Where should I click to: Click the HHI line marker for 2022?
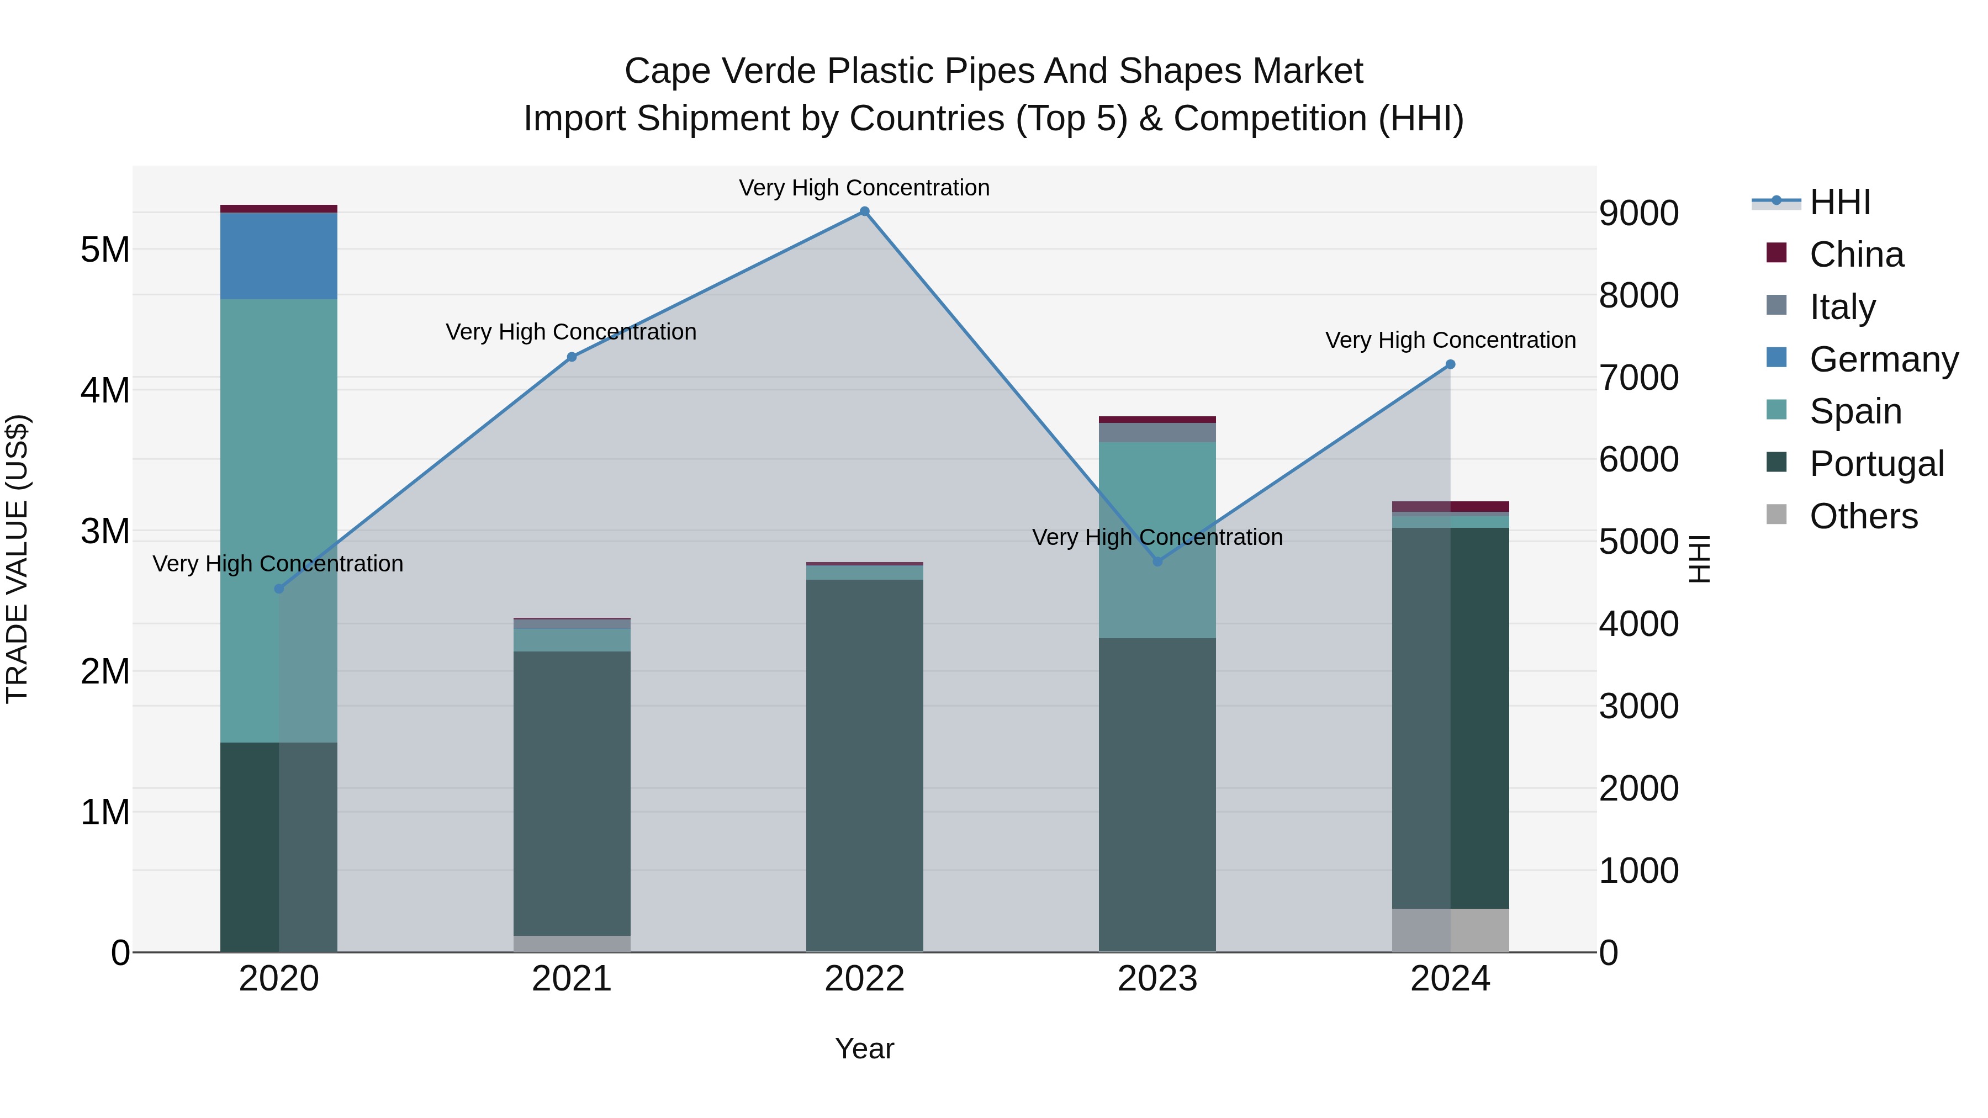tap(864, 211)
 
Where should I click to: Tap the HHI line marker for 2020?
tap(279, 589)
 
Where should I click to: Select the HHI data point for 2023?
tap(1157, 561)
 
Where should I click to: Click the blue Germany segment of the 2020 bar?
tap(279, 256)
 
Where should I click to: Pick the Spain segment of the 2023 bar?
tap(1157, 539)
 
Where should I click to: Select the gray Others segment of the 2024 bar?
tap(1450, 930)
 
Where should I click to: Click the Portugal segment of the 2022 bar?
tap(864, 764)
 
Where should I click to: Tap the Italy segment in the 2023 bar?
tap(1157, 432)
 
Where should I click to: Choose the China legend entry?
tap(1855, 255)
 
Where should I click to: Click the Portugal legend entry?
tap(1875, 464)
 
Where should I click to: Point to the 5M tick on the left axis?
tap(105, 250)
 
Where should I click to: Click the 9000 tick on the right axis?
tap(1638, 214)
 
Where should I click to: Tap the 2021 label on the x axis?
tap(572, 979)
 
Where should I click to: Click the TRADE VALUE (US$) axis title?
tap(17, 559)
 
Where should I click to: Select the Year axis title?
tap(864, 1048)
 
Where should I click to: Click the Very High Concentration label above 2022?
tap(864, 188)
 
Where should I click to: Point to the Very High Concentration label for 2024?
tap(1450, 340)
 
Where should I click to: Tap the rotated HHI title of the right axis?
tap(1699, 559)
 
